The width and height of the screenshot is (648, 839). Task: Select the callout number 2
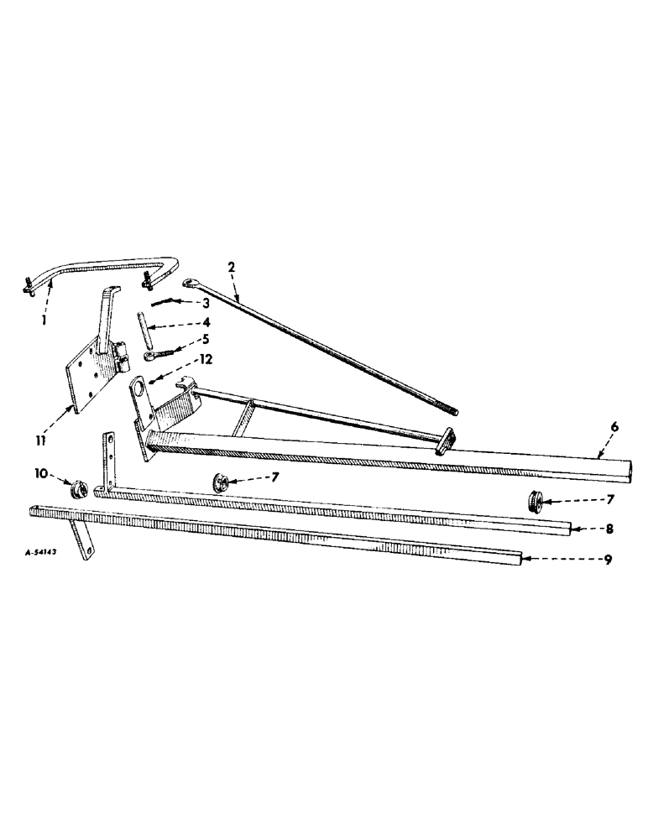tap(231, 267)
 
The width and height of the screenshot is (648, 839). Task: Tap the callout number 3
tap(205, 303)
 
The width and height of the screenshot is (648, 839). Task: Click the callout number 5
tap(205, 339)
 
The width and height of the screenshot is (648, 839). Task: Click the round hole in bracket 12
tap(136, 390)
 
